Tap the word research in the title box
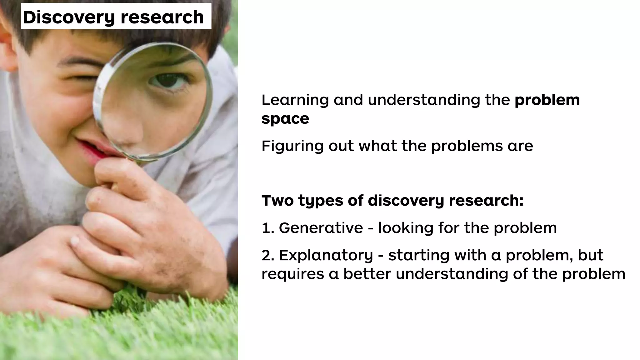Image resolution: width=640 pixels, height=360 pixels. (162, 17)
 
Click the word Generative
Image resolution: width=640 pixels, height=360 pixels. (321, 228)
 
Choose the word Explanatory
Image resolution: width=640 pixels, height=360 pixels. (326, 256)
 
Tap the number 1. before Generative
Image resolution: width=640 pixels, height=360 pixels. (268, 228)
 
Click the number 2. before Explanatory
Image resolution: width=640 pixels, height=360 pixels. (268, 255)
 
